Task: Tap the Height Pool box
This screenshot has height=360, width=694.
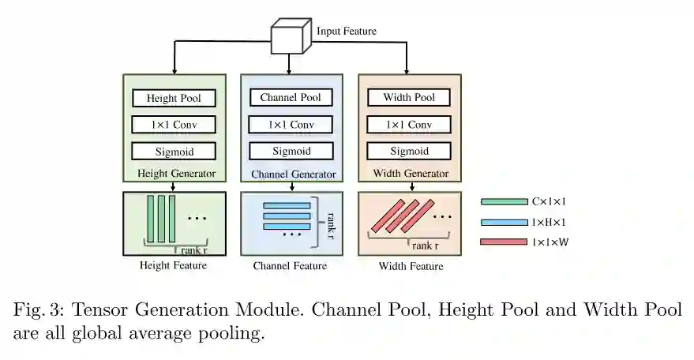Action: [174, 99]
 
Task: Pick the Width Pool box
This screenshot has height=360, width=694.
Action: [409, 98]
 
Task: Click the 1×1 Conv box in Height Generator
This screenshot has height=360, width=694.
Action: [174, 125]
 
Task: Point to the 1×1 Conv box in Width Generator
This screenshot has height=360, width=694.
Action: [409, 125]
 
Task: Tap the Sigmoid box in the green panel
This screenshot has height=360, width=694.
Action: [174, 151]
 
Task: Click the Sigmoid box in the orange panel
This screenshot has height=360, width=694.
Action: [409, 151]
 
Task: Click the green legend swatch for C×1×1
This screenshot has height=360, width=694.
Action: [505, 202]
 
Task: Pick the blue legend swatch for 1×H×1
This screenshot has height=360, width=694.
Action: [505, 223]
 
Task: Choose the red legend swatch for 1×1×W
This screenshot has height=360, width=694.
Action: [505, 242]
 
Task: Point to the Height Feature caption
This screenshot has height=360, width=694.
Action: [173, 265]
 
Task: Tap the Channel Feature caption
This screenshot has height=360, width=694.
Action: [290, 266]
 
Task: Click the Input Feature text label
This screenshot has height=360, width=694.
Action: [347, 32]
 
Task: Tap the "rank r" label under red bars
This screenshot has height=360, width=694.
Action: [426, 246]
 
